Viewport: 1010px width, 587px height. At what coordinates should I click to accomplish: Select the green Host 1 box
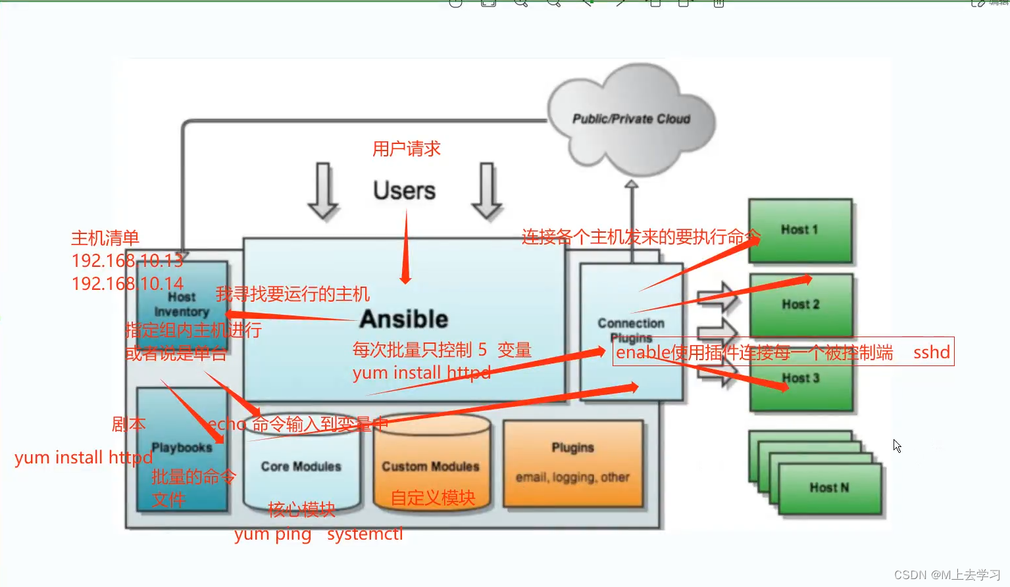799,230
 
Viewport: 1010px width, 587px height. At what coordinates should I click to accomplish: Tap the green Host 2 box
801,305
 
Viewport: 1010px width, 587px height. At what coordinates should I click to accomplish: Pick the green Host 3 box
801,388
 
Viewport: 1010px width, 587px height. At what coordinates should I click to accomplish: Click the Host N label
829,488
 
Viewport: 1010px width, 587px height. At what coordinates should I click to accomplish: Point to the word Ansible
403,319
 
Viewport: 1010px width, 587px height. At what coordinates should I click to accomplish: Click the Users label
404,191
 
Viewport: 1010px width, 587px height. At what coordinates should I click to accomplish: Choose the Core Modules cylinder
301,467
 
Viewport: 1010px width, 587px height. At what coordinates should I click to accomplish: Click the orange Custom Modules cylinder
431,467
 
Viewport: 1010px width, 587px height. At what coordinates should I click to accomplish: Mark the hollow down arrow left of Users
323,191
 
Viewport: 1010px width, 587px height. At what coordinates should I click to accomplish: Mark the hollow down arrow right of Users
487,191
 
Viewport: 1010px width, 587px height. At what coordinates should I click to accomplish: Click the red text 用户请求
406,149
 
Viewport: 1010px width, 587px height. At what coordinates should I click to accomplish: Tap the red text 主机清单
105,238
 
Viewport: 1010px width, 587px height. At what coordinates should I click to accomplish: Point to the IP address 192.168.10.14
127,284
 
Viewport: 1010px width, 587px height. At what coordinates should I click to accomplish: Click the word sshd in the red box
931,352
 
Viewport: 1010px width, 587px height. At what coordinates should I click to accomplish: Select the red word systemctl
365,534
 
